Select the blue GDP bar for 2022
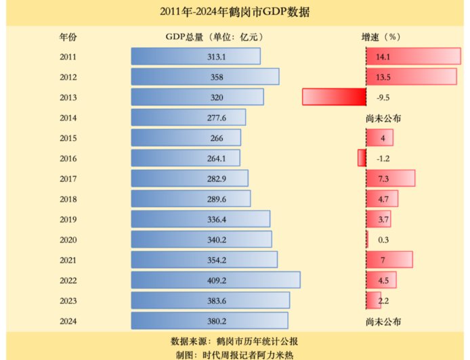pos(215,280)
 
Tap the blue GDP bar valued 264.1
pos(186,158)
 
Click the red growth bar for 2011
pos(413,57)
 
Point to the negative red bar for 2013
pos(334,97)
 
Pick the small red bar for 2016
pos(362,158)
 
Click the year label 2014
pos(68,118)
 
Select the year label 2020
pos(68,240)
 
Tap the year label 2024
pos(68,321)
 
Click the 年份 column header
pos(68,37)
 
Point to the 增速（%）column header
pos(383,37)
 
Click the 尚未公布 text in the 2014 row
pos(383,118)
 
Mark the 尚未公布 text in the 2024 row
pos(383,321)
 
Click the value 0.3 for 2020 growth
pos(383,240)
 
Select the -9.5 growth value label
pos(383,97)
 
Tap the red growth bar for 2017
pos(391,179)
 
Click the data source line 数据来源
pos(235,340)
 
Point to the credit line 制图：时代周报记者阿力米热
pos(235,354)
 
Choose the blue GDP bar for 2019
pos(200,219)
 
